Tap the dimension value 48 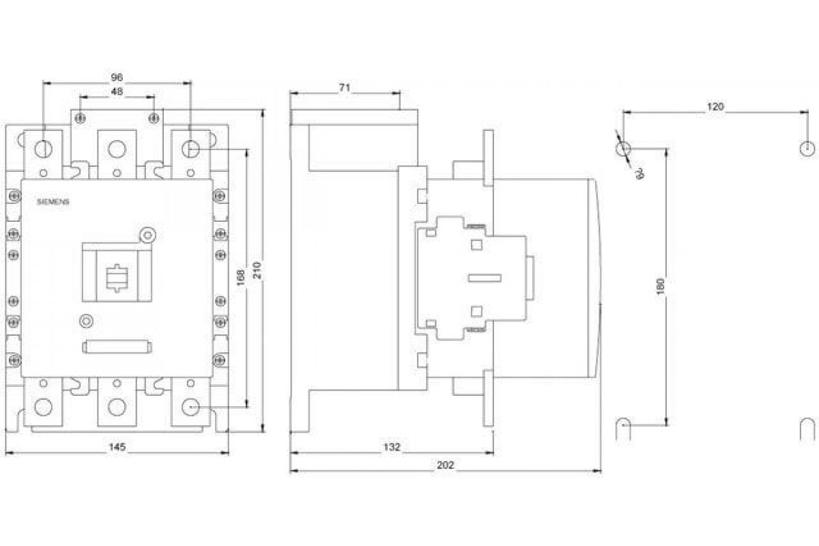click(117, 91)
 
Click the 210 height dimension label click(257, 272)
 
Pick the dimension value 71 click(344, 87)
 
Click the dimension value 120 click(715, 106)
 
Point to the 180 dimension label click(661, 285)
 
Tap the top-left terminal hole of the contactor click(43, 148)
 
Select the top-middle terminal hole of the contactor click(117, 148)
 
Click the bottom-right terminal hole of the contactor click(190, 407)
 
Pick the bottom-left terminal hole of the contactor click(43, 407)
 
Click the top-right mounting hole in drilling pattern click(807, 148)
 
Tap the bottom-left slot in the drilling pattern click(623, 429)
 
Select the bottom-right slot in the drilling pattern click(807, 429)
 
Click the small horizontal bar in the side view click(485, 278)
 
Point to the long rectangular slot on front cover click(117, 347)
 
